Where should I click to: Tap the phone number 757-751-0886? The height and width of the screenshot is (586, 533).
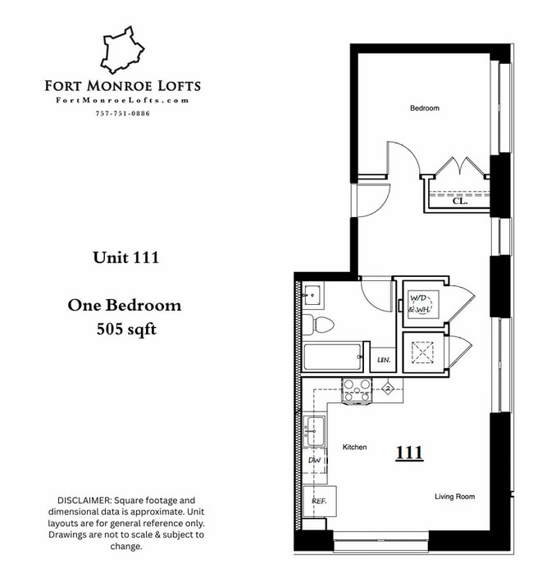tap(122, 113)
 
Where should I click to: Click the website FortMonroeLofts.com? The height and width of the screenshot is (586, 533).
tap(122, 100)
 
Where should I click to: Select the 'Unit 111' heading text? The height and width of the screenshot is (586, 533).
tap(125, 257)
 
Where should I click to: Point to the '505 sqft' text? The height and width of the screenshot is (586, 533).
tap(125, 330)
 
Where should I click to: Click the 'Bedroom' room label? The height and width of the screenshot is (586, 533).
tap(425, 108)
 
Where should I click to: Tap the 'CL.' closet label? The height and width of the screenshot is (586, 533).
tap(460, 200)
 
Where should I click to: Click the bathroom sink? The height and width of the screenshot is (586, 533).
tap(312, 293)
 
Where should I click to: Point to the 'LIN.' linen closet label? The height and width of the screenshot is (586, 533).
tap(382, 361)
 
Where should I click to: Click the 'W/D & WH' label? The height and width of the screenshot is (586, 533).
tap(420, 303)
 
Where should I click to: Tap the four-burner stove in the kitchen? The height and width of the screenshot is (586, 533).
tap(357, 389)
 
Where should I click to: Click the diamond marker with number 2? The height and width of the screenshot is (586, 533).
tap(389, 388)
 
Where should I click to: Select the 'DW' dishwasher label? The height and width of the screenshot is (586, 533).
tap(314, 461)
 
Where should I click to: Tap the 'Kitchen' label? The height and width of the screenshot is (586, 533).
tap(354, 447)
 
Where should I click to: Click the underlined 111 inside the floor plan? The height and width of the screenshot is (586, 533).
tap(409, 452)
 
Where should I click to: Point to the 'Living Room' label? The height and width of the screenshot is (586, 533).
tap(454, 497)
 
